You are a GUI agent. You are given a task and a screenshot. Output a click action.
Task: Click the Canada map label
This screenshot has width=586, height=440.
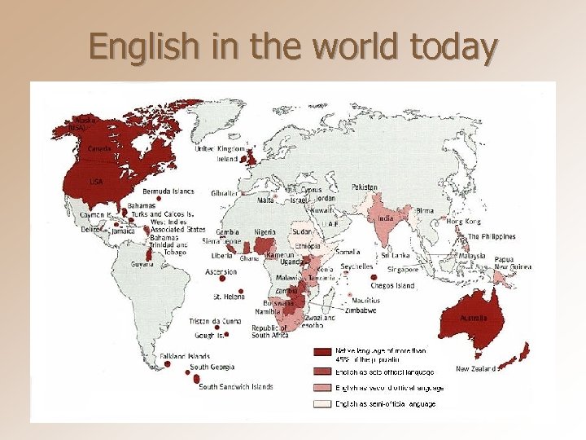tap(100, 149)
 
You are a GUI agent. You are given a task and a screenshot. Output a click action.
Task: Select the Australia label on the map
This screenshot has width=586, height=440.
tap(474, 318)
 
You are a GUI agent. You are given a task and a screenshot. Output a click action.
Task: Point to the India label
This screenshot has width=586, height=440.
tap(386, 218)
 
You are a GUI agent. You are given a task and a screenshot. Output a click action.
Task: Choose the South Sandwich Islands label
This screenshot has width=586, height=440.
tap(236, 386)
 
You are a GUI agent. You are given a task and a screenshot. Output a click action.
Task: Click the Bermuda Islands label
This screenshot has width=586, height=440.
tap(168, 191)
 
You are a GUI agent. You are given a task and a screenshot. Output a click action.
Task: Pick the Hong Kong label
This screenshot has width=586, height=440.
tap(462, 221)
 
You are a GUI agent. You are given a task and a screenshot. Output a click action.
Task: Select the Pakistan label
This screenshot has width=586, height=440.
tap(365, 187)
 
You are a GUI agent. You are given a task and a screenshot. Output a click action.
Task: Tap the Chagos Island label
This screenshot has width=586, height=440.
tap(392, 286)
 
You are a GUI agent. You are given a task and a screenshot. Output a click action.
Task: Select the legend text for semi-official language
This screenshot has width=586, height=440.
tap(385, 404)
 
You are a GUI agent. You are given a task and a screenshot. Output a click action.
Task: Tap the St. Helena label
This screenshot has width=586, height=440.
tap(229, 297)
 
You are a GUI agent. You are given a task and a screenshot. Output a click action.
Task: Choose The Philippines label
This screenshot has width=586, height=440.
tap(491, 236)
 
